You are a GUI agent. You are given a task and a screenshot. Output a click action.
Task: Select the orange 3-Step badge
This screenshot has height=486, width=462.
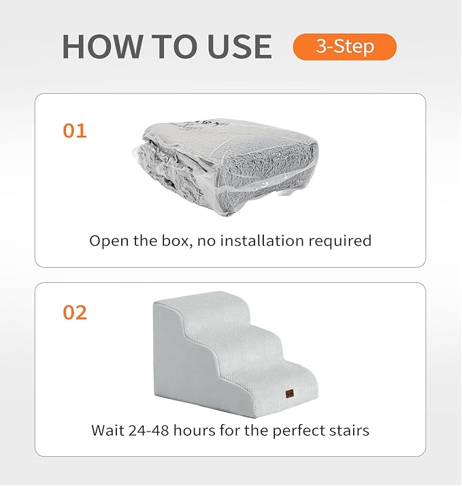coord(344,47)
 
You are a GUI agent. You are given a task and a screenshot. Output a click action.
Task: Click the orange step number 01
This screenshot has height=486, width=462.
coord(75,131)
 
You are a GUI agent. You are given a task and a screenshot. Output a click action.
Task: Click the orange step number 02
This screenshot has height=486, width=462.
coord(75,313)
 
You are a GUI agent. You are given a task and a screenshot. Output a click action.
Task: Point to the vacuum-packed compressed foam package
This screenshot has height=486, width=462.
coord(231,163)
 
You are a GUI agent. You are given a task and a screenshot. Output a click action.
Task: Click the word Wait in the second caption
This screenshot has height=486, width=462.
coord(106,430)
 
